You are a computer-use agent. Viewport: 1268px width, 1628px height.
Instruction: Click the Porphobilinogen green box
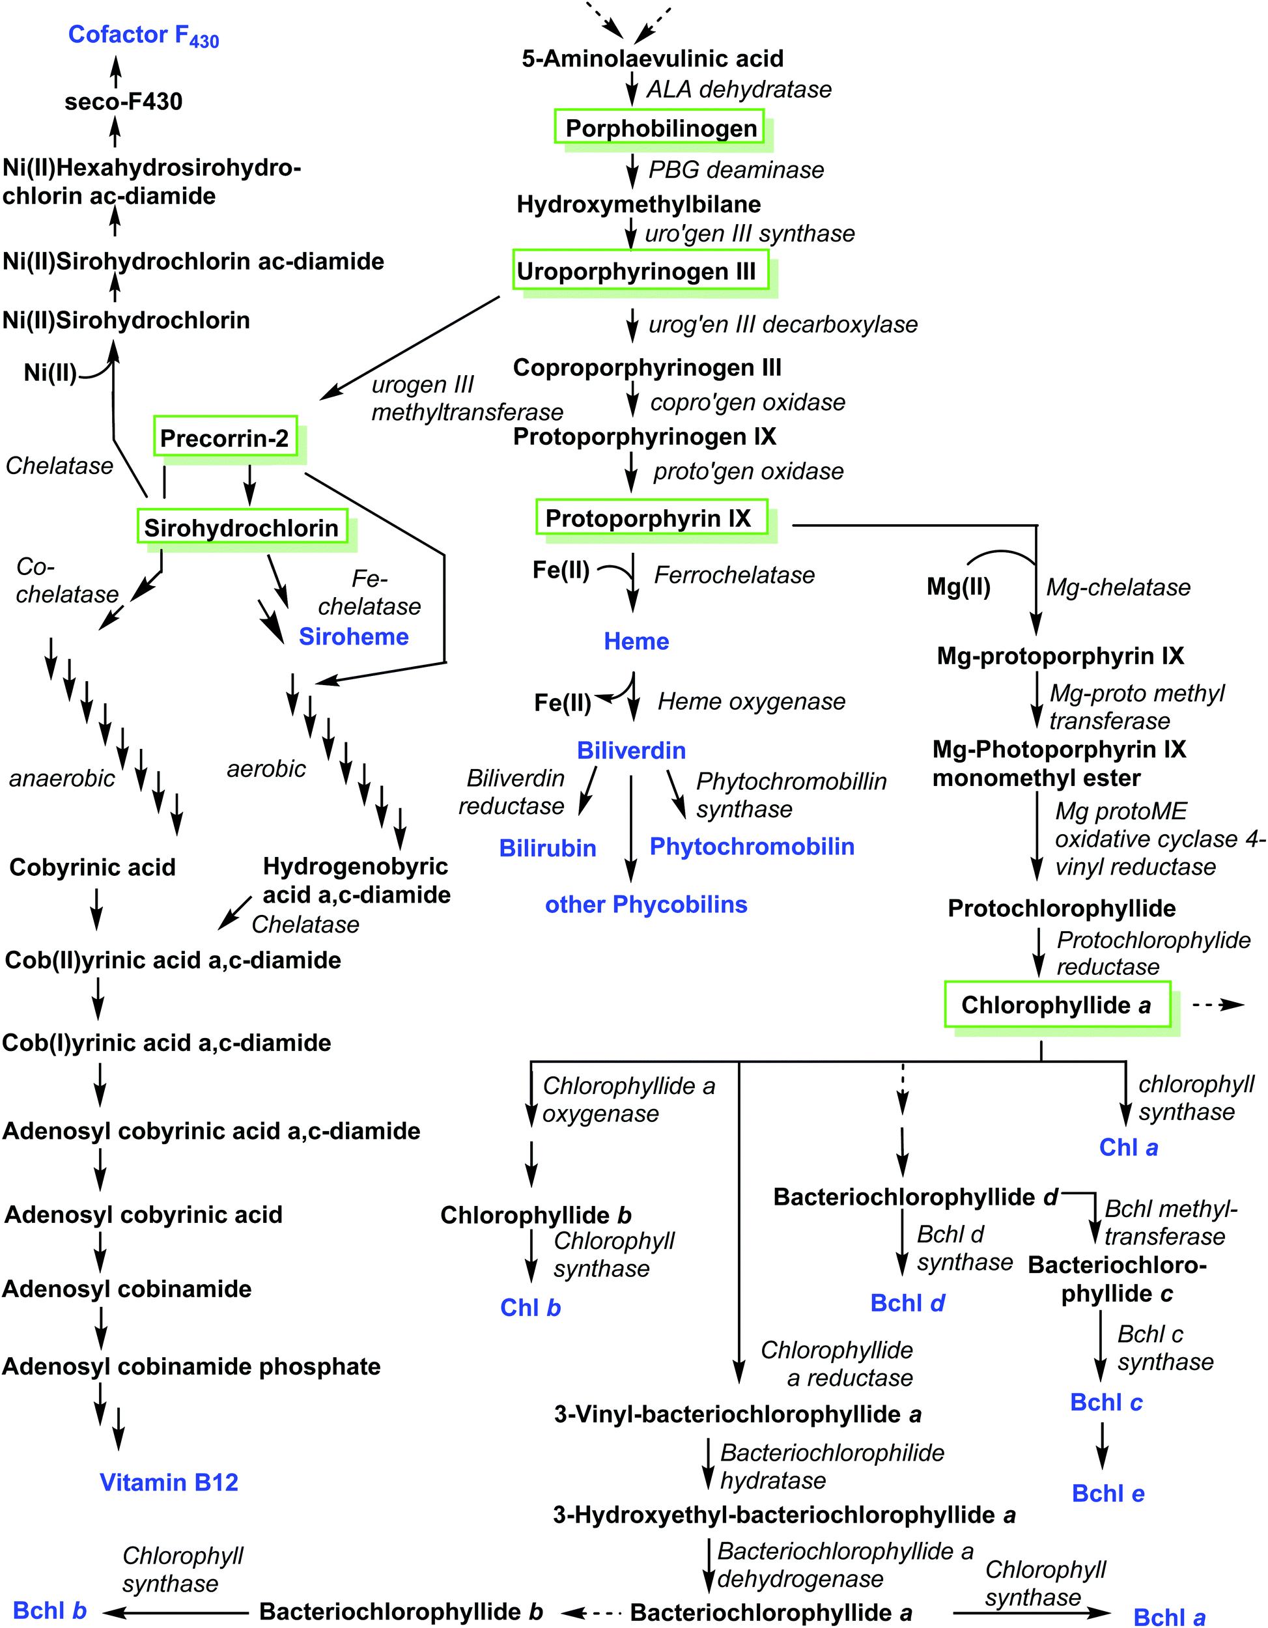coord(659,128)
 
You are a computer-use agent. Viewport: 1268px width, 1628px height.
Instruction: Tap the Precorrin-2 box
coord(225,438)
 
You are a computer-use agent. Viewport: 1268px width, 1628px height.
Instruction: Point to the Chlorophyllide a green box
coord(1056,1005)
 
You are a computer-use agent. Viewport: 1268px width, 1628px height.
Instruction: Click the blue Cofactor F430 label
coord(143,35)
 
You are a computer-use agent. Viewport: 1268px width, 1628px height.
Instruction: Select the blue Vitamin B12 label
coord(169,1482)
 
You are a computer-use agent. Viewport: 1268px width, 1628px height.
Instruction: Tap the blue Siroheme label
coord(354,637)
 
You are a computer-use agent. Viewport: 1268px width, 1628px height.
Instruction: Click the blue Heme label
coord(636,641)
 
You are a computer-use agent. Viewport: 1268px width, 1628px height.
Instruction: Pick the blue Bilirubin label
coord(547,849)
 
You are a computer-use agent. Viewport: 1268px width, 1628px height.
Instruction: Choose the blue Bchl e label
coord(1108,1493)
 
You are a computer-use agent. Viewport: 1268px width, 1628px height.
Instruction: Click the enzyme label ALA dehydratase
coord(738,89)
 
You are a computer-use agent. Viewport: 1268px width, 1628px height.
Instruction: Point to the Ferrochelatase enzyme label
coord(733,575)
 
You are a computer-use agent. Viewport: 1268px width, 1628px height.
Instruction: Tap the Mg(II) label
coord(958,587)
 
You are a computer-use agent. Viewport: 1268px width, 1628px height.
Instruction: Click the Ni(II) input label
coord(50,372)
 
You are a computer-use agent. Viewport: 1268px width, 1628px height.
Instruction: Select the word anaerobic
coord(62,778)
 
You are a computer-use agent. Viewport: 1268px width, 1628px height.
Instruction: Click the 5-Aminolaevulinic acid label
coord(653,58)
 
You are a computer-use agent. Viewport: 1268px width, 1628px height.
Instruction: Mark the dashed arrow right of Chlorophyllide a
coord(1217,1005)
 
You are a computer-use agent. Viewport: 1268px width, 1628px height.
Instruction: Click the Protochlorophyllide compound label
coord(1062,908)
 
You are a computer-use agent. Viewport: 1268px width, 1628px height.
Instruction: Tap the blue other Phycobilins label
coord(645,905)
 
